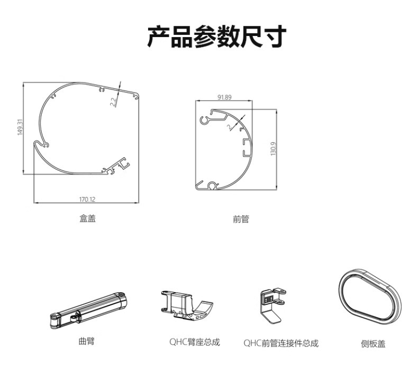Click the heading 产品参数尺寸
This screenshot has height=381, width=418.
[x=217, y=37]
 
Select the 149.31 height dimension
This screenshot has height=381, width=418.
[x=20, y=127]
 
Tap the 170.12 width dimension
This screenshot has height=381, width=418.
[x=87, y=199]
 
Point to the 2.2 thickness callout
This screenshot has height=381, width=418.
[x=114, y=102]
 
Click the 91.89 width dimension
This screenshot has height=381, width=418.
[x=224, y=97]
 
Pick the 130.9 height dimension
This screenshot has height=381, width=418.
[x=274, y=149]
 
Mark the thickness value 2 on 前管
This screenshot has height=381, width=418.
[x=229, y=126]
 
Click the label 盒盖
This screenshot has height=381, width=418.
[x=87, y=219]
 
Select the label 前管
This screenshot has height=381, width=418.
[x=241, y=219]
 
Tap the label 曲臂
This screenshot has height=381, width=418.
[x=87, y=341]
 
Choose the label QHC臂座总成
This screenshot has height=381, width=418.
[x=195, y=342]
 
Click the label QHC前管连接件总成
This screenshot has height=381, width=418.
[x=281, y=343]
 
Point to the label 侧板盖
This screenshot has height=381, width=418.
[x=373, y=343]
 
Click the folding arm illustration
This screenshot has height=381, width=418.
[x=88, y=310]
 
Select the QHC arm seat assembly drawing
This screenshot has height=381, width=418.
[x=187, y=305]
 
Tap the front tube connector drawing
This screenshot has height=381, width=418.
[x=272, y=305]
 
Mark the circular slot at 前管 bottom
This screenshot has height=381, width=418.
[x=212, y=186]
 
